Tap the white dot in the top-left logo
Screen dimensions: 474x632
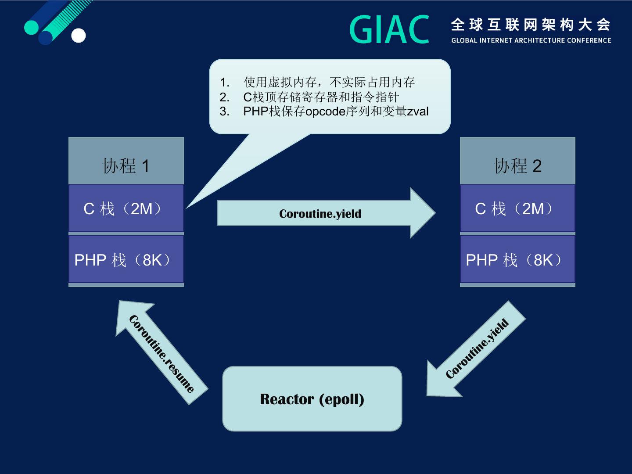pyautogui.click(x=79, y=36)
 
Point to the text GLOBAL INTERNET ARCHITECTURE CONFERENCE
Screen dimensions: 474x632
pyautogui.click(x=531, y=40)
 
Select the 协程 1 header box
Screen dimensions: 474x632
pyautogui.click(x=126, y=161)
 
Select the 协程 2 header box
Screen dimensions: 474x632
pyautogui.click(x=517, y=161)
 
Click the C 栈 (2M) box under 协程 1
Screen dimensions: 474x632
pyautogui.click(x=126, y=208)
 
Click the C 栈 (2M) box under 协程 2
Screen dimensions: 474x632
pyautogui.click(x=517, y=208)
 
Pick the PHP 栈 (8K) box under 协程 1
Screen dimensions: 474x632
pyautogui.click(x=126, y=260)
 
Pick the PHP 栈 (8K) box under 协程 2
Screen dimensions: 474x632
pyautogui.click(x=517, y=260)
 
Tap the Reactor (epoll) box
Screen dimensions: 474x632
pyautogui.click(x=312, y=399)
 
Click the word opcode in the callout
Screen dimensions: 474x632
pyautogui.click(x=325, y=111)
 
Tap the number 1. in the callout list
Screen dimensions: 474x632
pyautogui.click(x=225, y=83)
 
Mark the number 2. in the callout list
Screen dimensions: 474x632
pyautogui.click(x=225, y=97)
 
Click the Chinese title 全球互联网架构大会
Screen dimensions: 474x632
pyautogui.click(x=531, y=25)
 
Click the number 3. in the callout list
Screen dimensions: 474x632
pyautogui.click(x=225, y=111)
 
